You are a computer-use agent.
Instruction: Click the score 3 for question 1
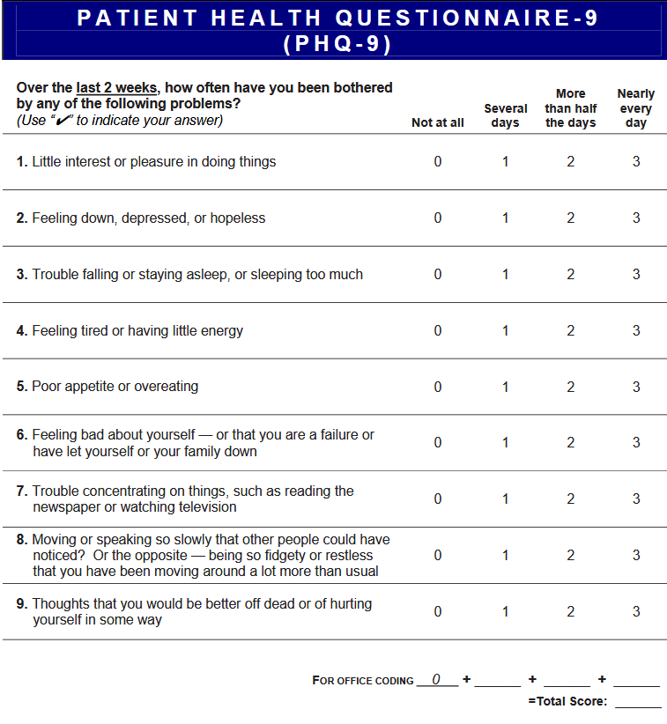pyautogui.click(x=636, y=162)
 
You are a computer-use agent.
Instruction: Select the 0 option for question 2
pyautogui.click(x=438, y=218)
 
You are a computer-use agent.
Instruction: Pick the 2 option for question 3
pyautogui.click(x=571, y=275)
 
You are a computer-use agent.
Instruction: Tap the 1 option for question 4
pyautogui.click(x=506, y=331)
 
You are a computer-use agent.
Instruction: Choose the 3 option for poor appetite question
pyautogui.click(x=636, y=387)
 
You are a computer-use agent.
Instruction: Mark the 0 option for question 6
pyautogui.click(x=438, y=443)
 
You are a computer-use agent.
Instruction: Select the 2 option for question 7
pyautogui.click(x=571, y=499)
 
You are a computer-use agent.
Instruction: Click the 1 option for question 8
pyautogui.click(x=506, y=556)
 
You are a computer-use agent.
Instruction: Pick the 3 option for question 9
pyautogui.click(x=636, y=611)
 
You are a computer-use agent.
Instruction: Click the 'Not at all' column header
pyautogui.click(x=438, y=123)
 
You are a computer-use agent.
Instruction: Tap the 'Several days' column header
pyautogui.click(x=506, y=115)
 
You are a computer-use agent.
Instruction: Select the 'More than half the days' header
pyautogui.click(x=571, y=108)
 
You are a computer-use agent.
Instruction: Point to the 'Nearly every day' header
pyautogui.click(x=636, y=108)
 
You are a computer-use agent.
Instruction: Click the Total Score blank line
pyautogui.click(x=638, y=702)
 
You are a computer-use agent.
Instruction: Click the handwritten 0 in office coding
pyautogui.click(x=436, y=679)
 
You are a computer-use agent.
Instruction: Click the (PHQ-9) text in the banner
pyautogui.click(x=337, y=44)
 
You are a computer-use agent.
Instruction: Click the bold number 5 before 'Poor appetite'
pyautogui.click(x=21, y=387)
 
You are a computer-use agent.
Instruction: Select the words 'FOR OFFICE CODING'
pyautogui.click(x=363, y=681)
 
